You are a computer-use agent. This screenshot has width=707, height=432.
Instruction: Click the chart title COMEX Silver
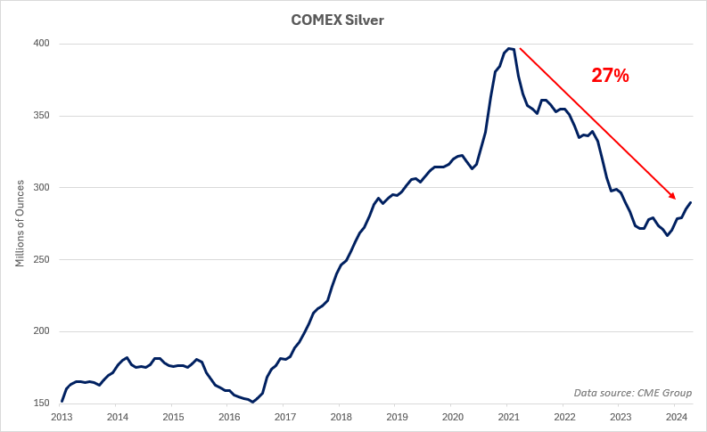coord(338,20)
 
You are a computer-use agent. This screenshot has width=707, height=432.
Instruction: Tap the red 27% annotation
coord(611,76)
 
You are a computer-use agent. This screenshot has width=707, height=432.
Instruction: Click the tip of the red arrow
coord(676,199)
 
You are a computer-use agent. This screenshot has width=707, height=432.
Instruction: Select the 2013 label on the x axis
coord(62,417)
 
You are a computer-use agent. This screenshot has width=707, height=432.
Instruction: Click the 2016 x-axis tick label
coord(229,417)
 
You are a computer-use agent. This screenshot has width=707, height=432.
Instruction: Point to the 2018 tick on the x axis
coord(341,417)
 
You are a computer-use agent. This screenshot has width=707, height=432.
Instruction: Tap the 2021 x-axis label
coord(508,417)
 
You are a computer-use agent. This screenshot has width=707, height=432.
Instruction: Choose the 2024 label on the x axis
coord(676,417)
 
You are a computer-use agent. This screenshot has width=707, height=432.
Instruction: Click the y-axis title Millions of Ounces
coord(20,224)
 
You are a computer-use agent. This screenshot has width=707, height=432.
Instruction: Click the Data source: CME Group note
coord(633,393)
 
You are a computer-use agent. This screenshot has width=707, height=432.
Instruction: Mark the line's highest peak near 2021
coord(509,48)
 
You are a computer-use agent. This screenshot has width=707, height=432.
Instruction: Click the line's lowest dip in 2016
coord(253,402)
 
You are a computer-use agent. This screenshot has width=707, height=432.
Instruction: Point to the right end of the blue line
coord(691,202)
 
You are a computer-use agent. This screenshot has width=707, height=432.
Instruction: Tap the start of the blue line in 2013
coord(62,401)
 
